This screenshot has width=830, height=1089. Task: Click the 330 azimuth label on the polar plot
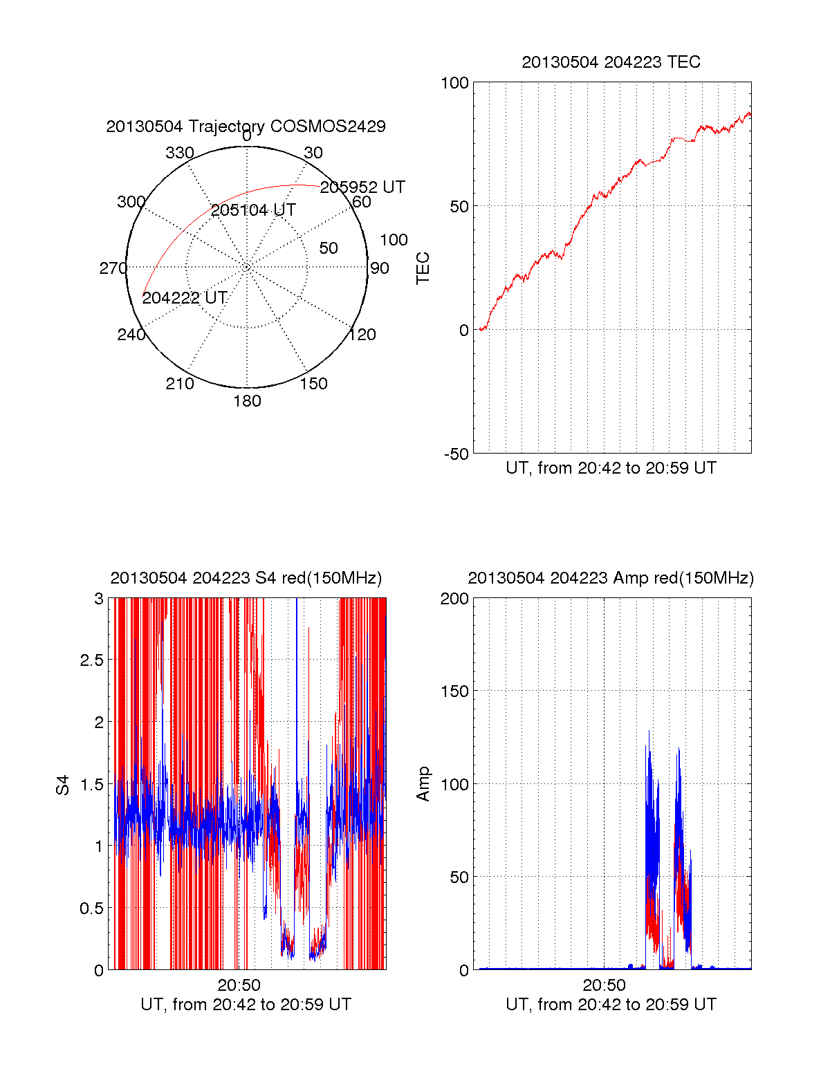tap(179, 153)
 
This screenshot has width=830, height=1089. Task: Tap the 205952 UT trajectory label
tap(362, 187)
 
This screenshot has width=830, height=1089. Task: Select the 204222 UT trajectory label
tap(185, 298)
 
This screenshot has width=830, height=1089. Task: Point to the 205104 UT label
tap(253, 210)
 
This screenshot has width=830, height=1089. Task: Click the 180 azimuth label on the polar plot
tap(247, 401)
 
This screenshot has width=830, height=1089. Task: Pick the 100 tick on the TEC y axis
tap(454, 83)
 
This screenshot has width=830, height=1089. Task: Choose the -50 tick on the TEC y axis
tap(456, 454)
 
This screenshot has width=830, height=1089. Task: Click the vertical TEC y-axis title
tap(423, 268)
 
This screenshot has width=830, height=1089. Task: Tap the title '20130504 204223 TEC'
tap(611, 62)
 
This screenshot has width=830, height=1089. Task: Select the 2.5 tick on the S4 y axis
tap(91, 660)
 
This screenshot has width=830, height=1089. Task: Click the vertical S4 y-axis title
tap(63, 785)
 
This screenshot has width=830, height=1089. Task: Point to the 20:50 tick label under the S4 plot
tap(239, 985)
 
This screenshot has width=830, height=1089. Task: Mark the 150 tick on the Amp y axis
tap(454, 691)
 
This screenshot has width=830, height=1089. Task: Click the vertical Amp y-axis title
tap(423, 784)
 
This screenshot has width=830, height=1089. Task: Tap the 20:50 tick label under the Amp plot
tap(604, 985)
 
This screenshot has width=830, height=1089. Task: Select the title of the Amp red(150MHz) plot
tap(611, 578)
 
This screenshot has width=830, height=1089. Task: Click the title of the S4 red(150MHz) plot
tap(246, 578)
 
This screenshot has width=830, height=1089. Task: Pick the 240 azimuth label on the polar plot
tap(131, 335)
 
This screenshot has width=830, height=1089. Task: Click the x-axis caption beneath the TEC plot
tap(611, 468)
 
